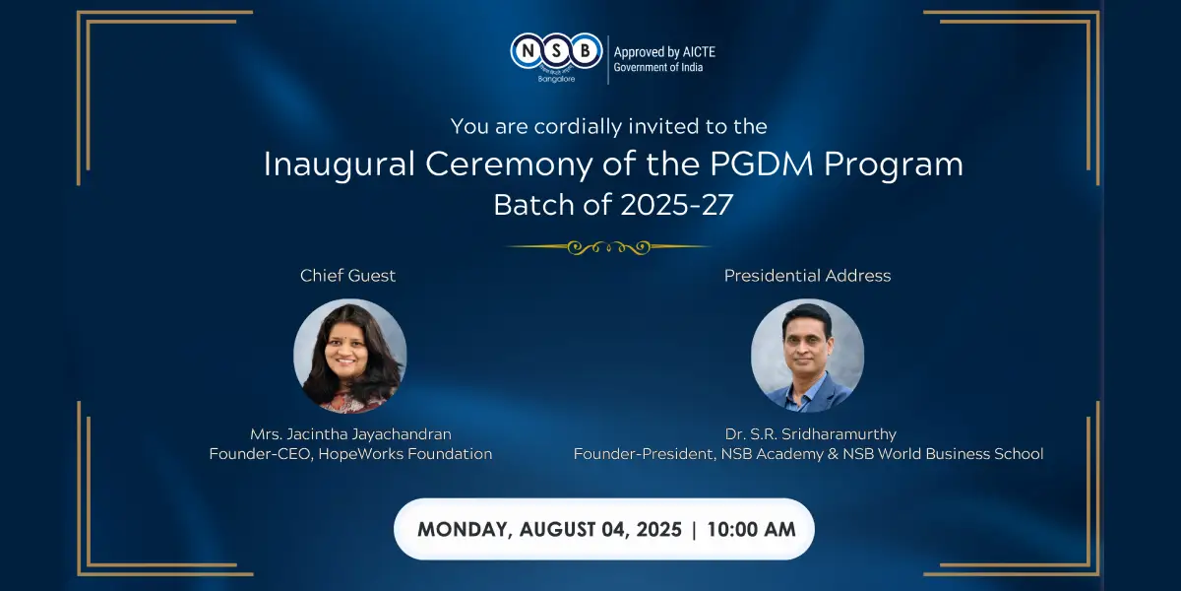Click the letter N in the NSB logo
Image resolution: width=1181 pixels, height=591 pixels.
(528, 51)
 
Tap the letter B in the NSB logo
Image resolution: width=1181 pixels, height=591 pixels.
(585, 51)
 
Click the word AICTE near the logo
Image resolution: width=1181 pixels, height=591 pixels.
(699, 52)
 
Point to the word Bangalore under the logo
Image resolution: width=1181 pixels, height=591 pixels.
(556, 79)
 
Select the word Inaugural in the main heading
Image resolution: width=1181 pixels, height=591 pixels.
(340, 164)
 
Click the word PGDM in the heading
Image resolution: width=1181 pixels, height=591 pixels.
(762, 164)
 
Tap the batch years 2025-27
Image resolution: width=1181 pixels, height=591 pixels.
(676, 205)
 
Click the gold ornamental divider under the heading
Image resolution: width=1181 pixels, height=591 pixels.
(608, 246)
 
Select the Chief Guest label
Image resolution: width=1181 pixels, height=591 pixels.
(347, 276)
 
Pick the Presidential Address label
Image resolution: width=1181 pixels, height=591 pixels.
(807, 276)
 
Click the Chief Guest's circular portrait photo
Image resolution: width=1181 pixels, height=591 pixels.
(350, 357)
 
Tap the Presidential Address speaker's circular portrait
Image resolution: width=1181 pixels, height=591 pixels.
(807, 356)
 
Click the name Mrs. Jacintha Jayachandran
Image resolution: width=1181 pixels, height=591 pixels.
(350, 434)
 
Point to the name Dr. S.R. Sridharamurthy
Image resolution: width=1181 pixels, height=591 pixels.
(810, 434)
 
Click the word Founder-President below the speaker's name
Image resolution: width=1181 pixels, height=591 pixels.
(645, 454)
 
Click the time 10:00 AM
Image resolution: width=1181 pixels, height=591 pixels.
(751, 529)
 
